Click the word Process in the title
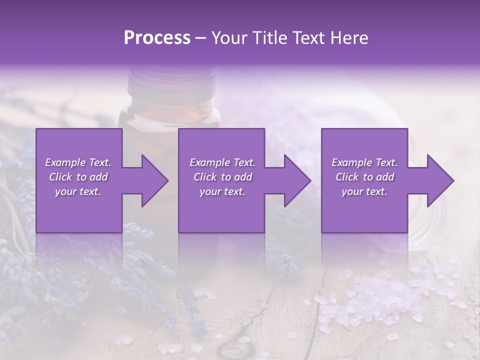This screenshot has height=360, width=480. click(157, 38)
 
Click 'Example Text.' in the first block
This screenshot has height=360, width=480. click(78, 162)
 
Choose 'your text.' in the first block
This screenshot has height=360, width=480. click(78, 191)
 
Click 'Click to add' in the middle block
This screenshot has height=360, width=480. click(222, 177)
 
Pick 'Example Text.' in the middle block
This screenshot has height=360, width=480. click(222, 162)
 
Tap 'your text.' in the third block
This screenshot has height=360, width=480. click(364, 191)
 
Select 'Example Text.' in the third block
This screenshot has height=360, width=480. click(364, 162)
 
